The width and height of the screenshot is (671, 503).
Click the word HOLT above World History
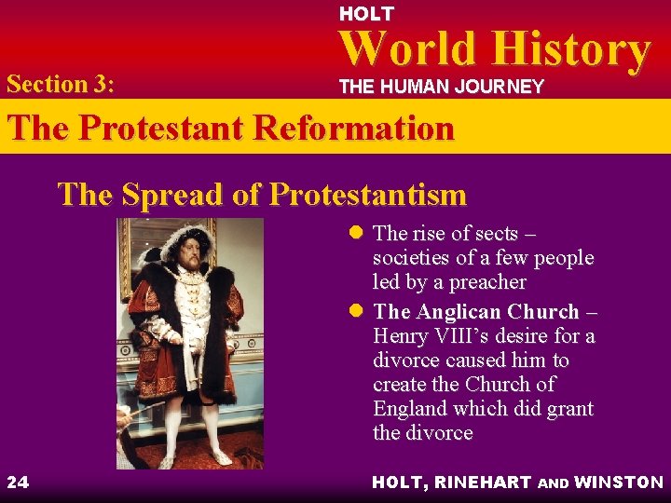tap(366, 14)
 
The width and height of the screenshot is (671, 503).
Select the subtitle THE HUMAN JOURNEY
tap(441, 87)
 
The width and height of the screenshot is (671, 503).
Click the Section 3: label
tap(61, 85)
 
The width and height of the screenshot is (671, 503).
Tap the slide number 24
tap(17, 482)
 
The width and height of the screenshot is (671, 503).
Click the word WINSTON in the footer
tap(619, 482)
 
